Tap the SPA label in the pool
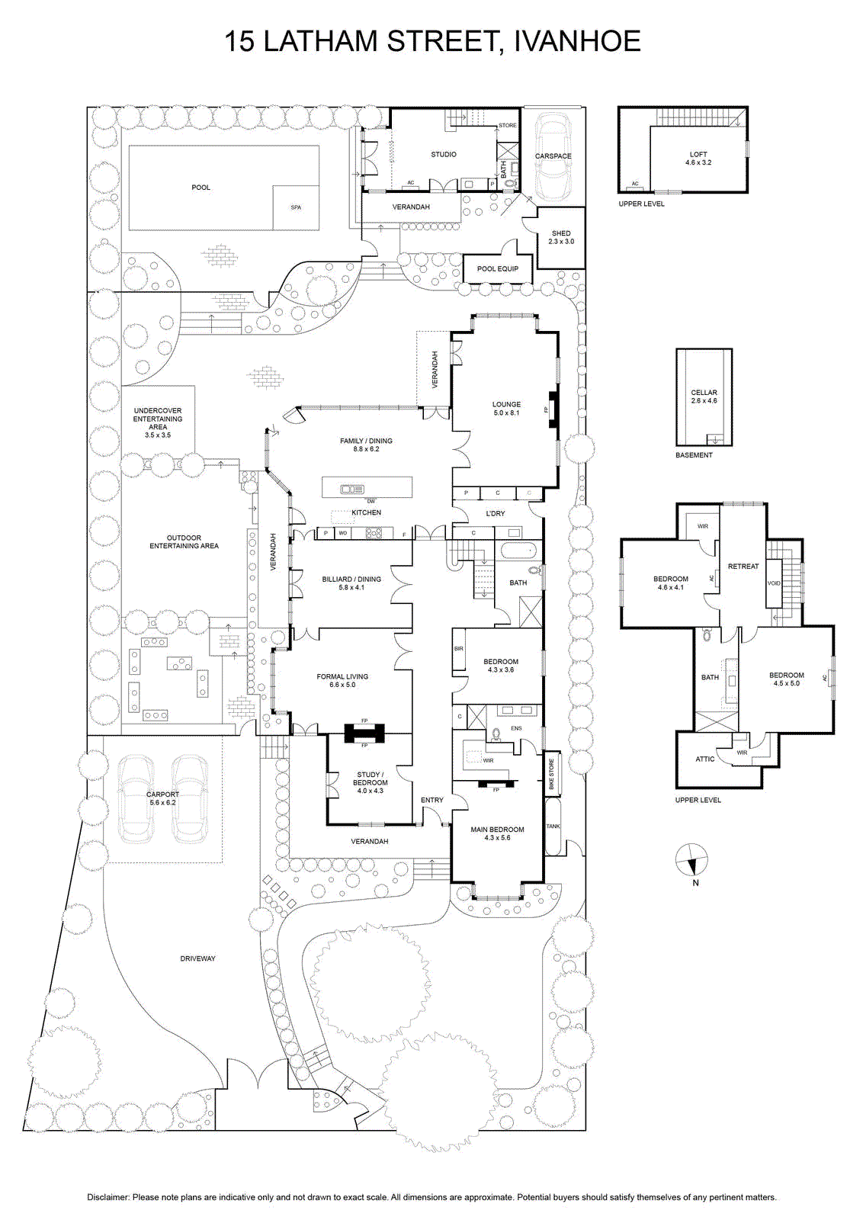tap(296, 207)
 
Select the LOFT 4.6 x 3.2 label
tap(698, 159)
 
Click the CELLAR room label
tap(704, 392)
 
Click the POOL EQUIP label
tap(498, 269)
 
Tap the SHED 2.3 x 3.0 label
tap(561, 237)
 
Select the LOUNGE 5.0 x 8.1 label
tap(506, 409)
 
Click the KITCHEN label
tap(367, 512)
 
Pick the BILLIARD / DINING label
tap(351, 579)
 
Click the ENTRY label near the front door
tap(432, 800)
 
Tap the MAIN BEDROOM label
tap(498, 830)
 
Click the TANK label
tap(553, 827)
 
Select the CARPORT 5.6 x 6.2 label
tap(162, 798)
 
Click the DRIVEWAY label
tap(197, 958)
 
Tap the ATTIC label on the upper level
tap(705, 759)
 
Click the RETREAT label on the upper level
tap(743, 567)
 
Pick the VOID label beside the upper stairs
tap(774, 583)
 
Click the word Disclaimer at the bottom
tap(108, 1198)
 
